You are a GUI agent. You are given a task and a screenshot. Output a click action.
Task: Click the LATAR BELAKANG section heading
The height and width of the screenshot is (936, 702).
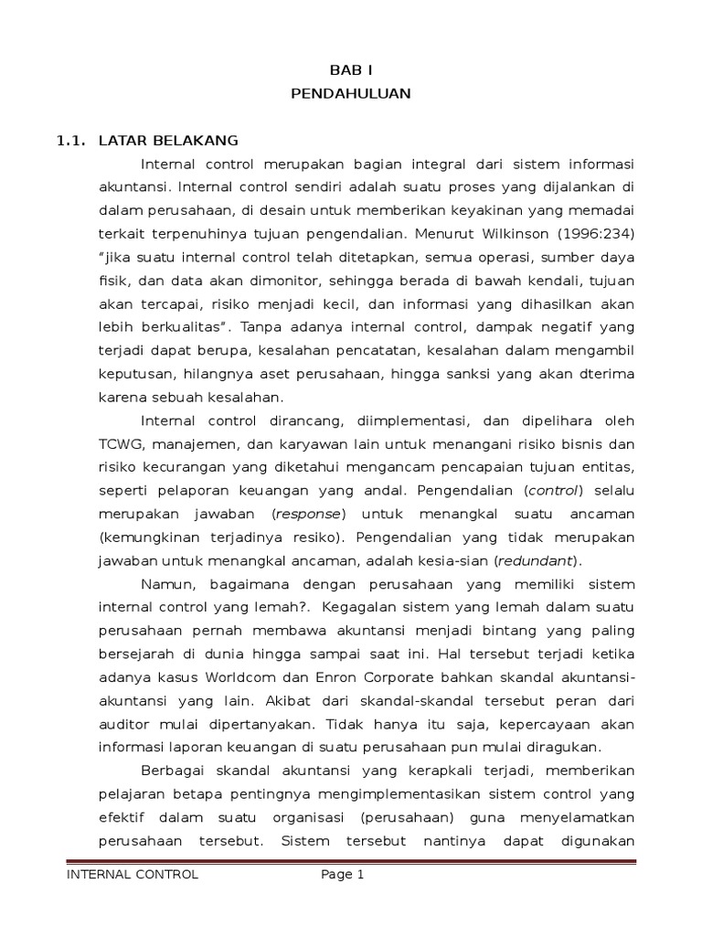coord(168,140)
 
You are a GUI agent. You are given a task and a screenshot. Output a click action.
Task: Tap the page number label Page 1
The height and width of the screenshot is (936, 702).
coord(342,875)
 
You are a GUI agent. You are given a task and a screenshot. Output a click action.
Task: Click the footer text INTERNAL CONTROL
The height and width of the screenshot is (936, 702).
coord(132,875)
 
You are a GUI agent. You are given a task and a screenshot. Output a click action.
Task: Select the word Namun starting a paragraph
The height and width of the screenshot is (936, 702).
coord(167,584)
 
